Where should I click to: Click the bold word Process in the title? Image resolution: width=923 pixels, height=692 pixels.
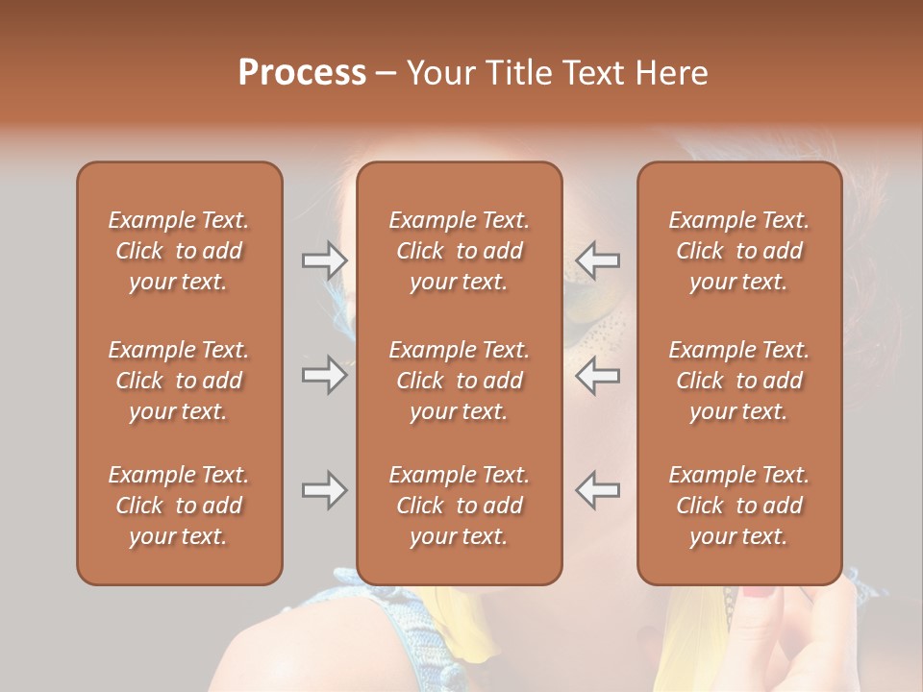302,73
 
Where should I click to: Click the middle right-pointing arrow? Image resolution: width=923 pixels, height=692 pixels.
324,375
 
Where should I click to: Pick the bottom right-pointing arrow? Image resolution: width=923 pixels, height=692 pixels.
324,491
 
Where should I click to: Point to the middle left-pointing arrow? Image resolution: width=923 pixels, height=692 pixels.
597,375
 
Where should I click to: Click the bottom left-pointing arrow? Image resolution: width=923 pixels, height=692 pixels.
597,491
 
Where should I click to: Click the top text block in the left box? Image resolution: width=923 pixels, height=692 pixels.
179,251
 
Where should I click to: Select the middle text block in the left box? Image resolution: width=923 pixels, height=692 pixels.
179,381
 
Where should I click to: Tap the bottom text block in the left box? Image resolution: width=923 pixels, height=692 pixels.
179,506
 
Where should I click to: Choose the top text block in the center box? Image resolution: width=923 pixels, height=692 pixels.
459,251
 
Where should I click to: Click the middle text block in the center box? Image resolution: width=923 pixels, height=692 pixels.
459,381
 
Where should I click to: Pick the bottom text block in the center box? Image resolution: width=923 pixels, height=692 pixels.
459,506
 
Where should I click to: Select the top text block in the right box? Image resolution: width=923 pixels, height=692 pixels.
738,251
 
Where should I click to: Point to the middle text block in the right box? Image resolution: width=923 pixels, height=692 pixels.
738,381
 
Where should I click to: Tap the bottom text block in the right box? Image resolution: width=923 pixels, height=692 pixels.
738,506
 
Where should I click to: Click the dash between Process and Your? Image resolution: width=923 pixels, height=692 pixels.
387,74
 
